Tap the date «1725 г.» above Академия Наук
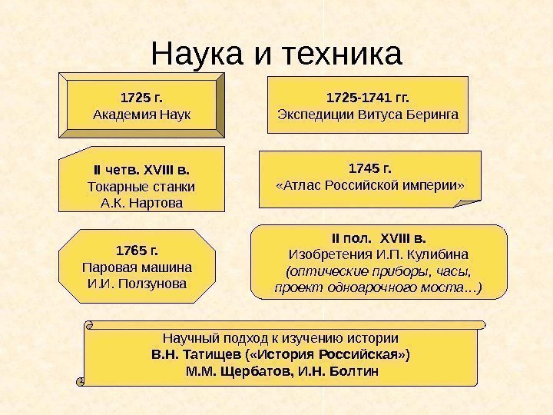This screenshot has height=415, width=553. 142,98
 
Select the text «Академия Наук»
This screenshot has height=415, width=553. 142,115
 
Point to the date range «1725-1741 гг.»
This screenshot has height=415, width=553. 368,98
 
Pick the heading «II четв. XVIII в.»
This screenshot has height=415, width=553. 142,169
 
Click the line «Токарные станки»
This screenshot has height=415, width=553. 142,186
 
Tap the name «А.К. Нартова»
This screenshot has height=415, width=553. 142,203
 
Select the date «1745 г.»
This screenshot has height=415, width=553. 370,168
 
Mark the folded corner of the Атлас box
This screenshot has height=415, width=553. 468,201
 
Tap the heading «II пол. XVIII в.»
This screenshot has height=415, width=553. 379,237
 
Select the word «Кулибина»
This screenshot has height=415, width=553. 439,254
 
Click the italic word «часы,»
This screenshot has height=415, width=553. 452,271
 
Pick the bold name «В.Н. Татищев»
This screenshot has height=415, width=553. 197,355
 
